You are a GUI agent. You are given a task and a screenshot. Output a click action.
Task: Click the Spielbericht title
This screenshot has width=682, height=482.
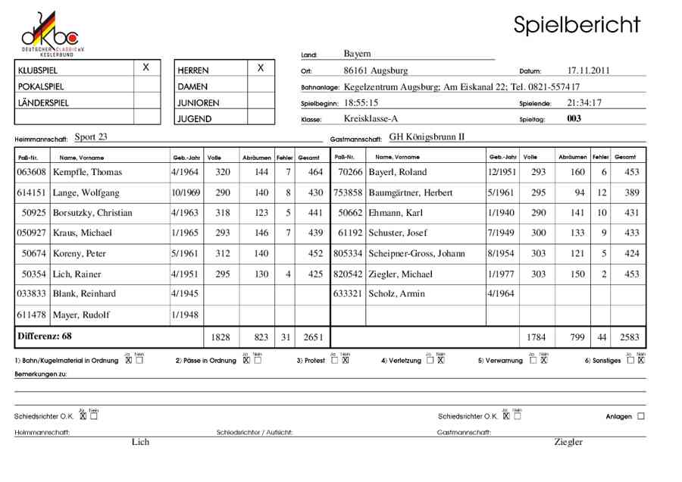click(x=577, y=24)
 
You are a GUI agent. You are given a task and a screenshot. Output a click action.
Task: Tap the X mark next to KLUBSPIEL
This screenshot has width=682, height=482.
click(x=146, y=68)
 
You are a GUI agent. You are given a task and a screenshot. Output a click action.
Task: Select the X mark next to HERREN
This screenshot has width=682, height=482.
click(x=261, y=68)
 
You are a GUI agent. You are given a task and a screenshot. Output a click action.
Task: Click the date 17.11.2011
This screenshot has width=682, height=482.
click(x=588, y=70)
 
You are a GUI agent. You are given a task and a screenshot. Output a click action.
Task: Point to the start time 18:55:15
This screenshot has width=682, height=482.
click(x=361, y=102)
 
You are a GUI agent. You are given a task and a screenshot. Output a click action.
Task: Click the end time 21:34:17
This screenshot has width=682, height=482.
click(x=584, y=102)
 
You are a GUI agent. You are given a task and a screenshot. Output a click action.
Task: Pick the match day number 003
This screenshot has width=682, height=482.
click(x=574, y=118)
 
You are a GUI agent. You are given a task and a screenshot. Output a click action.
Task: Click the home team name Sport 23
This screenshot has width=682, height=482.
click(x=91, y=137)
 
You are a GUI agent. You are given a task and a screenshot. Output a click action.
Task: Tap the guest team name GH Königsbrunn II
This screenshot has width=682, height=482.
click(x=426, y=137)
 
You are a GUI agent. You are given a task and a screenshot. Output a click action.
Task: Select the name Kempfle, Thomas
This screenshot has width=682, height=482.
click(x=87, y=172)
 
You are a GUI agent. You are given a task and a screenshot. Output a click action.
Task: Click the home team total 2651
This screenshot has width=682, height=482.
click(x=309, y=336)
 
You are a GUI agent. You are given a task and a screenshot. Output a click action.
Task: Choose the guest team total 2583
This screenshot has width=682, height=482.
click(x=628, y=336)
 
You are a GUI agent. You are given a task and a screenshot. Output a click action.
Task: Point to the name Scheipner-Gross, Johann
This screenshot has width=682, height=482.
click(x=416, y=253)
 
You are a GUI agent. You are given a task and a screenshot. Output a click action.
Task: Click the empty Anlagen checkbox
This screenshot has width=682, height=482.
click(x=641, y=416)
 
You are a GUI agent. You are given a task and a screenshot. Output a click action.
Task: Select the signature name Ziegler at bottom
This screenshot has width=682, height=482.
click(x=568, y=442)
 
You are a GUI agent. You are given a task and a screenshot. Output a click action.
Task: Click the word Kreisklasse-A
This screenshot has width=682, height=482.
click(x=371, y=118)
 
